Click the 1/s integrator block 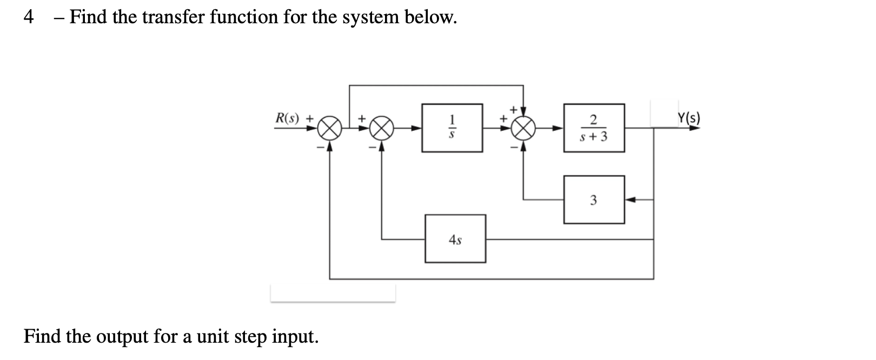click(452, 128)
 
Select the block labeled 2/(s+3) click(594, 128)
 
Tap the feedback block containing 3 click(594, 200)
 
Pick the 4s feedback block click(455, 239)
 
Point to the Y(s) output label click(688, 118)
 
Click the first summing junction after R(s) click(330, 129)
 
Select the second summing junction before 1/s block click(382, 129)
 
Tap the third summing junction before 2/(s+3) click(523, 129)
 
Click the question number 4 click(29, 17)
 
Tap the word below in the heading click(430, 17)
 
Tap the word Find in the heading click(89, 17)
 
